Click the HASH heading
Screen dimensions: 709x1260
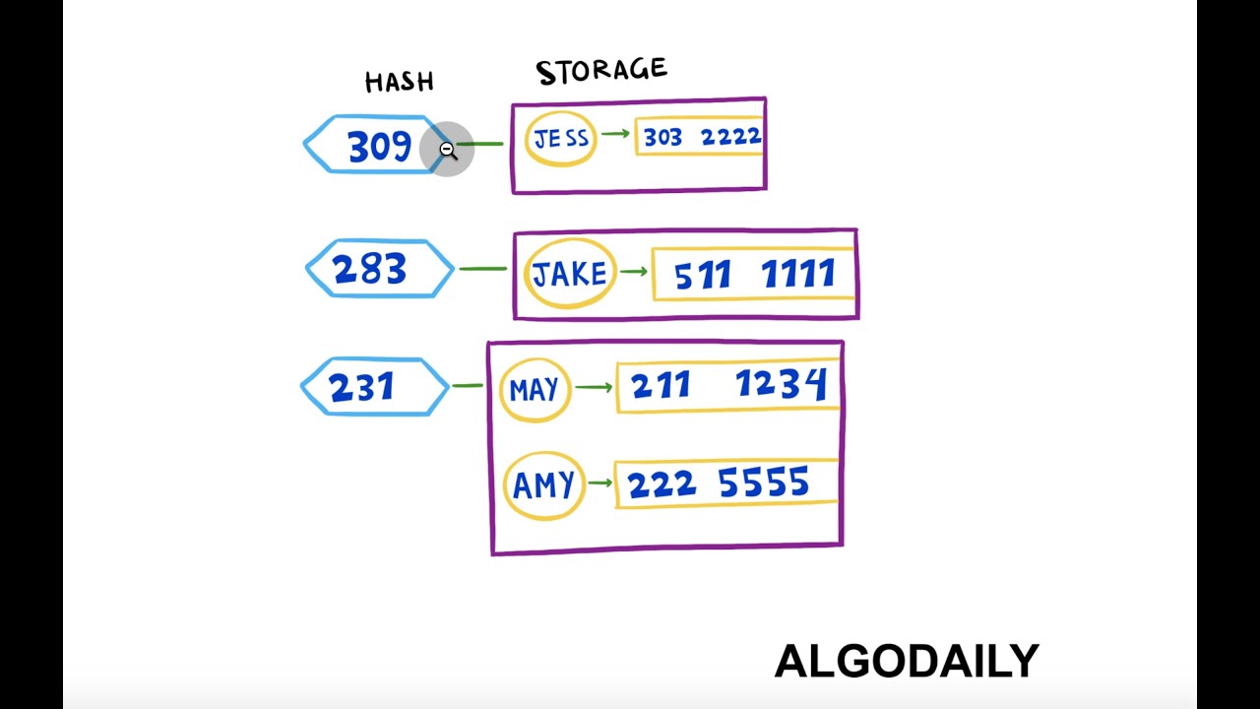(399, 82)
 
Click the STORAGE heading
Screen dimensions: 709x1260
(601, 71)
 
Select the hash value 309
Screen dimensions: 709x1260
(378, 146)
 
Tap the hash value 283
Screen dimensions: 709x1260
(369, 269)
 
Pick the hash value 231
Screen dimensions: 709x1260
(362, 387)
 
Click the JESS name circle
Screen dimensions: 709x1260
(561, 139)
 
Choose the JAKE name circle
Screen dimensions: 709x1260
(570, 273)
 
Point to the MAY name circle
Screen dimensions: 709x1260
(535, 390)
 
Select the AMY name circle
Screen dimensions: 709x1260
(543, 484)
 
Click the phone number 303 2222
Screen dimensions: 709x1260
(702, 137)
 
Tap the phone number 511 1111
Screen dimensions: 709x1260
(753, 275)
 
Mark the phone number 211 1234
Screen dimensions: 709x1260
(728, 385)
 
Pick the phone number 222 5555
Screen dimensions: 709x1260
(719, 483)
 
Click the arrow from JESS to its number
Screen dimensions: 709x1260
(615, 133)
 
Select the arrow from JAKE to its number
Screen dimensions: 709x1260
(634, 270)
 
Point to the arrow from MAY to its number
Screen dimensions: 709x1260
(593, 387)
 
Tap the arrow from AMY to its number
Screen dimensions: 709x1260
(599, 483)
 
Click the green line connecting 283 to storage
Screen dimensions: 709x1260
(483, 268)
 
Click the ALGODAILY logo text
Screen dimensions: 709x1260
(907, 661)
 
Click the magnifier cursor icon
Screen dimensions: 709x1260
(447, 150)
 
